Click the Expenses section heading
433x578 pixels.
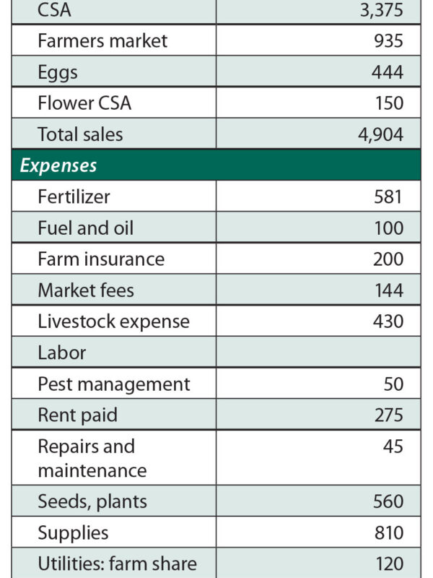point(58,165)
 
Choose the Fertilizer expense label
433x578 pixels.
point(74,197)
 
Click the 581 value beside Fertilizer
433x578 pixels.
point(388,197)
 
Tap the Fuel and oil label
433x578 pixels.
point(85,228)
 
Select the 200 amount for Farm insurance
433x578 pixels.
point(388,259)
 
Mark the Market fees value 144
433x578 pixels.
point(388,290)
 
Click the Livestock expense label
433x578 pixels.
point(113,322)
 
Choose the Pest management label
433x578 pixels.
point(113,384)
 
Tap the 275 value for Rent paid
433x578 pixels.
point(388,415)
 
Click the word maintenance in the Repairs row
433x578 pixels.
point(92,470)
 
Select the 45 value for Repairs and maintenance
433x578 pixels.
point(393,447)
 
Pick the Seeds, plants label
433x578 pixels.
point(92,501)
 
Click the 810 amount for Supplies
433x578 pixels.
point(388,532)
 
